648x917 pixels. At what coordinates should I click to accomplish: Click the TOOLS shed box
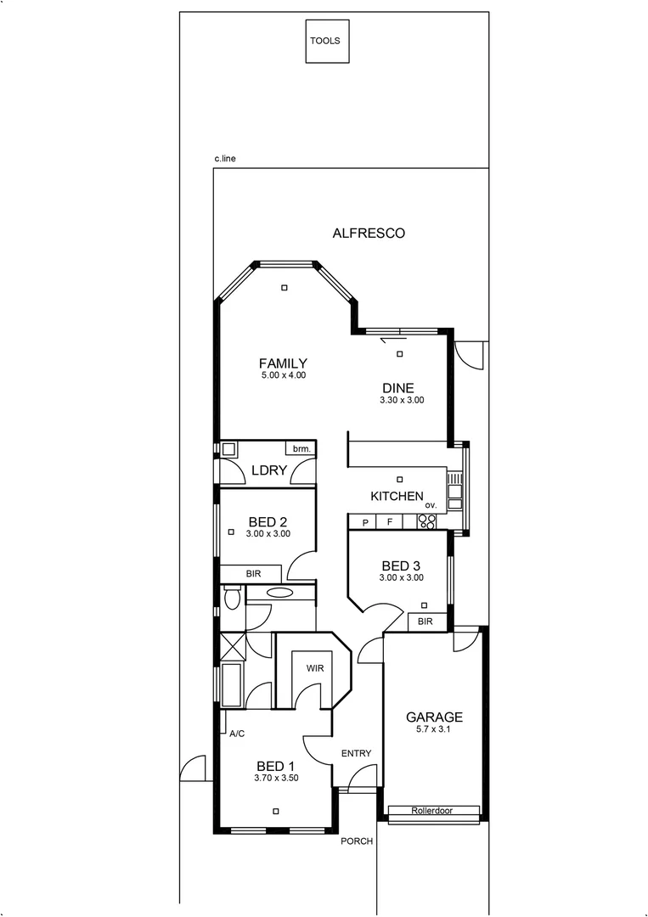(327, 40)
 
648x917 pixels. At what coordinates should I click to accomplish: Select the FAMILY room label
(283, 363)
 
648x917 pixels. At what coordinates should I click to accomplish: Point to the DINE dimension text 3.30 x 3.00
(402, 400)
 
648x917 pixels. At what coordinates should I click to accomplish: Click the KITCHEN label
(396, 496)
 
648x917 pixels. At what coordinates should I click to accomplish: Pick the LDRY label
(268, 472)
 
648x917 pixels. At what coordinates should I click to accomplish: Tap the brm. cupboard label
(301, 448)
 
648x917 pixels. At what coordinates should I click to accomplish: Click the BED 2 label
(268, 522)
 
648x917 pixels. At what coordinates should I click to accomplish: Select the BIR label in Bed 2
(253, 574)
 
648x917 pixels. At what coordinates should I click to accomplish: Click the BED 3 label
(402, 565)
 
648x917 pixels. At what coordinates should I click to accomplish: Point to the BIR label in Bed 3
(425, 622)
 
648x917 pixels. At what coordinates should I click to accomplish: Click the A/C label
(237, 734)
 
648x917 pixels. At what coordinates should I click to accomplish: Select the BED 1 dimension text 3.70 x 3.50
(276, 777)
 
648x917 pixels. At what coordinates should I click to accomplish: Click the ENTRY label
(356, 753)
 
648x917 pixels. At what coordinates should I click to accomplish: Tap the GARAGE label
(433, 717)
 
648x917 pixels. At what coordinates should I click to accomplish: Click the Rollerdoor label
(433, 811)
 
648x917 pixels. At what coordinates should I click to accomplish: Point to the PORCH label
(357, 841)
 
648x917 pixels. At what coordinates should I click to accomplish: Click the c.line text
(224, 159)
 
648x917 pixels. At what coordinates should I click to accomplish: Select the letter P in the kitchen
(365, 522)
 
